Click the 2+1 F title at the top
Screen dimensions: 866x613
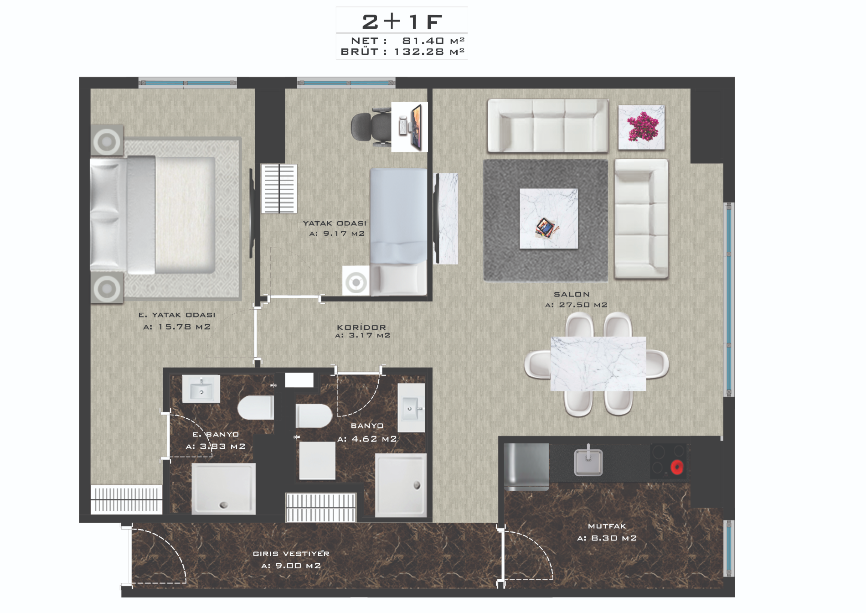pyautogui.click(x=402, y=21)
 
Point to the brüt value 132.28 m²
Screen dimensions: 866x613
pyautogui.click(x=429, y=52)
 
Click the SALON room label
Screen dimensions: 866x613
pyautogui.click(x=572, y=295)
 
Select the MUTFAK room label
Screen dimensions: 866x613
pyautogui.click(x=607, y=526)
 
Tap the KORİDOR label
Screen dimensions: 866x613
pyautogui.click(x=361, y=327)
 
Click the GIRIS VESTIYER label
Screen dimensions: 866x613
pyautogui.click(x=291, y=554)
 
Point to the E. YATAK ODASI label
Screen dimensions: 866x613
pyautogui.click(x=177, y=315)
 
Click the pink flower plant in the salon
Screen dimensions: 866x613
pyautogui.click(x=643, y=127)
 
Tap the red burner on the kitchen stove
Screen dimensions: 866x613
pyautogui.click(x=677, y=467)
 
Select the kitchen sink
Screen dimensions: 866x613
pyautogui.click(x=588, y=462)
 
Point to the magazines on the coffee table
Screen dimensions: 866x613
pyautogui.click(x=545, y=227)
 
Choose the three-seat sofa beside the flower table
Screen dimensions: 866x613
pyautogui.click(x=548, y=125)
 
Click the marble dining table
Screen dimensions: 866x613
pyautogui.click(x=598, y=364)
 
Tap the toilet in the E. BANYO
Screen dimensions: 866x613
pyautogui.click(x=256, y=407)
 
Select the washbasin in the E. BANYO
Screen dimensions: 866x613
pyautogui.click(x=201, y=389)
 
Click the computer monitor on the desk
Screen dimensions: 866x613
pyautogui.click(x=416, y=127)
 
